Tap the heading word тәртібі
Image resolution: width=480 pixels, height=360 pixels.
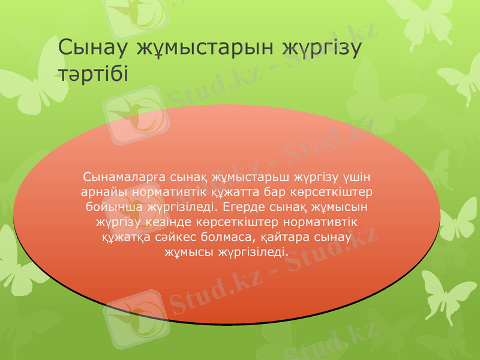pos(93,74)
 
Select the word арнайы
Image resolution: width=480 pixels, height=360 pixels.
pos(103,193)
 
